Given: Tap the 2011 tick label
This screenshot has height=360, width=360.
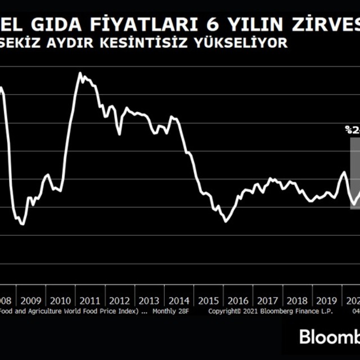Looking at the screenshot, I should [x=90, y=300].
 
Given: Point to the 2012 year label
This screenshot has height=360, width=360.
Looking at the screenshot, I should [x=120, y=300].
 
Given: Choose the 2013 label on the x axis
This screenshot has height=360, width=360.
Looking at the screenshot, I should [x=149, y=300].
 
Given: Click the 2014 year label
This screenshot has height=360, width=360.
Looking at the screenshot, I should [x=179, y=300].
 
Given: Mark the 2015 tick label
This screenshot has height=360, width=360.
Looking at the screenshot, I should [x=208, y=300].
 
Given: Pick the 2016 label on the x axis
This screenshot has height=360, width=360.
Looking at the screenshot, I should [x=238, y=300].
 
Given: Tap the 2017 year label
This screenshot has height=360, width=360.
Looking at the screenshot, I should [x=268, y=300].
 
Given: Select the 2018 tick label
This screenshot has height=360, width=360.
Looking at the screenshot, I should [x=298, y=300].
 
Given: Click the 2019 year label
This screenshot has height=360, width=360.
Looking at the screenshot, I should [x=327, y=300].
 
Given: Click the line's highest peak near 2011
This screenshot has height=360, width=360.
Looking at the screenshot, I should [x=80, y=73].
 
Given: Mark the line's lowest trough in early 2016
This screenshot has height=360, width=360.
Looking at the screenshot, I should [x=226, y=222].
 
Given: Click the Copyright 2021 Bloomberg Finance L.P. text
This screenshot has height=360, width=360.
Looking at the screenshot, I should [x=271, y=310].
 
